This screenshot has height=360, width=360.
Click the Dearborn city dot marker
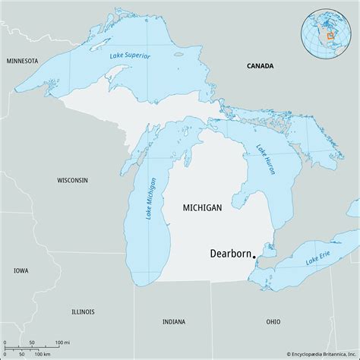tap(254, 264)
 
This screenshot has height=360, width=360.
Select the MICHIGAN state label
tap(203, 207)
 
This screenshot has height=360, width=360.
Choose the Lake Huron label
tap(265, 160)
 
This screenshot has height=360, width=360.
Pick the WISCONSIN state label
tap(72, 180)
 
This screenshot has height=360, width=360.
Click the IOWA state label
tap(20, 270)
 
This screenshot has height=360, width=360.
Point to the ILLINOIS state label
tap(84, 311)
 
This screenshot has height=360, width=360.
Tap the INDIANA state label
tap(173, 322)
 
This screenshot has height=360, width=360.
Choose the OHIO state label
tap(273, 322)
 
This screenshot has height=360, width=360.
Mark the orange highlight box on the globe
tap(330, 35)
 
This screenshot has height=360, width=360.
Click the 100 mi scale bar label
tap(61, 343)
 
